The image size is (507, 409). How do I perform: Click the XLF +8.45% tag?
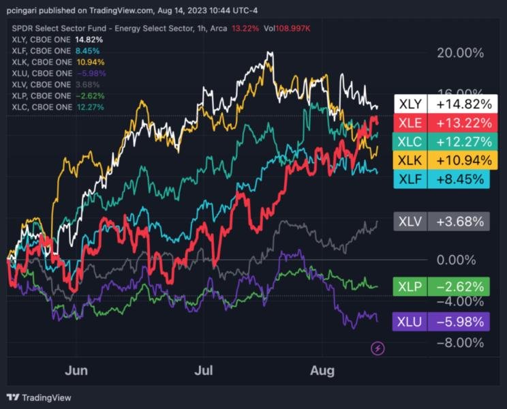click(x=442, y=179)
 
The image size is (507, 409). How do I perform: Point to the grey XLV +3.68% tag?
click(x=442, y=221)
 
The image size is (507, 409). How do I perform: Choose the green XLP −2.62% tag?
click(x=442, y=286)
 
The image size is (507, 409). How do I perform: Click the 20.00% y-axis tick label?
click(x=459, y=54)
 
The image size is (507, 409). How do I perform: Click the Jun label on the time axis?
click(x=76, y=370)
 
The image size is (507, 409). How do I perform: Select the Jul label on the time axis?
click(x=204, y=370)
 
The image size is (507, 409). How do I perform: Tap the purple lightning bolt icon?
click(x=378, y=349)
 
